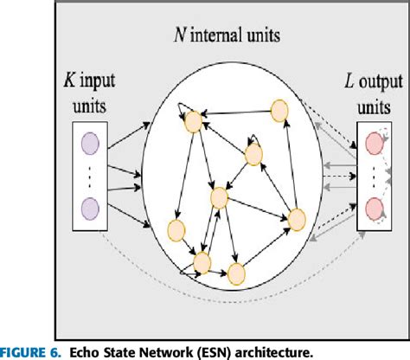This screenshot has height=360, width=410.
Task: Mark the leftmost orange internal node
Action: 176,231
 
